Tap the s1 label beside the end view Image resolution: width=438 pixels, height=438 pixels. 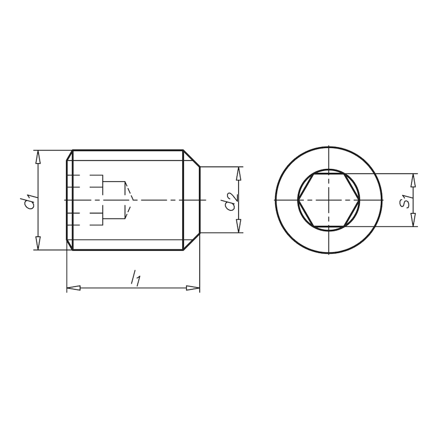pyautogui.click(x=405, y=201)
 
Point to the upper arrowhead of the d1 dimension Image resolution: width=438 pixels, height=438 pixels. pyautogui.click(x=38, y=157)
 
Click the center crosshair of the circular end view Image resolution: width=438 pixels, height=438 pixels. pyautogui.click(x=328, y=200)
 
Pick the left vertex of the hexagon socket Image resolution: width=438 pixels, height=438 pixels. pyautogui.click(x=298, y=200)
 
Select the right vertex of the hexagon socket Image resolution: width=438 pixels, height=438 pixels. pyautogui.click(x=359, y=200)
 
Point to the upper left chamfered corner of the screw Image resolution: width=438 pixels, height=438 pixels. pyautogui.click(x=70, y=155)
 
